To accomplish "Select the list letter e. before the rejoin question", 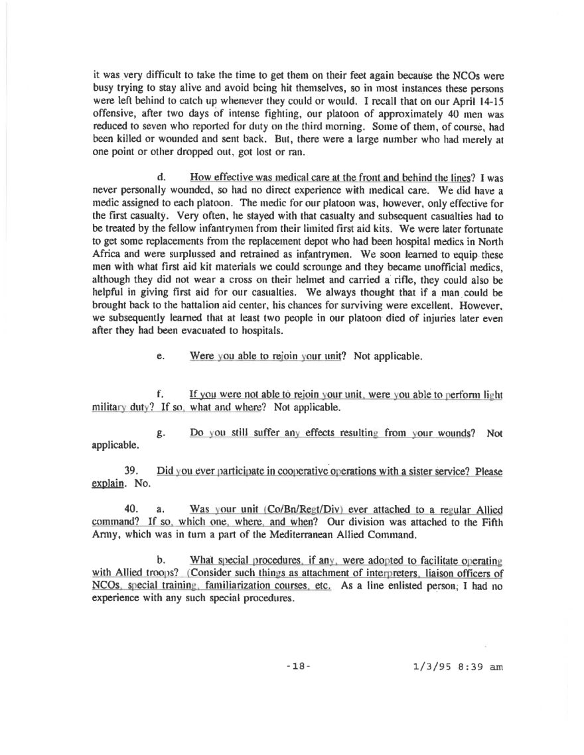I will tap(161, 356).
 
